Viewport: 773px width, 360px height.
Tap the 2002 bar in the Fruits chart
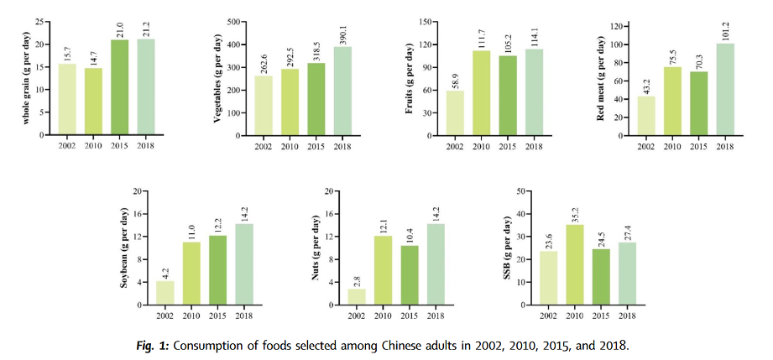point(456,112)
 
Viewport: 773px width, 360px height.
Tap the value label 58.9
point(456,77)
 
